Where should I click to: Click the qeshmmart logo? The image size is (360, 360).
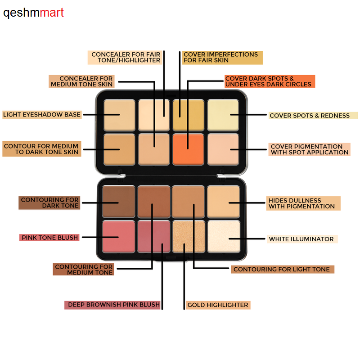coord(34,13)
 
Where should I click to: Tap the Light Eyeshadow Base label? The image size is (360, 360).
coord(42,115)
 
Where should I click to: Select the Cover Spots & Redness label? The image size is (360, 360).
coord(310,116)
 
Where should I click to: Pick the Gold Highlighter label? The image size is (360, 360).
coord(217,305)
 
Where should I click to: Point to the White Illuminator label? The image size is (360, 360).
coord(301,239)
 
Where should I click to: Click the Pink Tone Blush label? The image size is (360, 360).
coord(49,238)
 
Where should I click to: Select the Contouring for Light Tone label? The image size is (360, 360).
coord(282,270)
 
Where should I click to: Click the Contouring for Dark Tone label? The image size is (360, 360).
coord(49,203)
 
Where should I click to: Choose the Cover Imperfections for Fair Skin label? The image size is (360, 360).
coord(221,58)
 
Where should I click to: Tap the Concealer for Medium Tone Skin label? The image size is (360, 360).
coord(81,81)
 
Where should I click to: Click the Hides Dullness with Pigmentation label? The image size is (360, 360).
coord(301,203)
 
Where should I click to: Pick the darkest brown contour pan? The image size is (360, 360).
coord(119,201)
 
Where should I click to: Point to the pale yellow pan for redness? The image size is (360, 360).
coord(223,115)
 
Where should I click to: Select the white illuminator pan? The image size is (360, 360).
coord(223,237)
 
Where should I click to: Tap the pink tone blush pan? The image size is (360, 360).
coord(119,237)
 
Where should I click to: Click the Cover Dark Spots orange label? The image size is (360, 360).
coord(268,81)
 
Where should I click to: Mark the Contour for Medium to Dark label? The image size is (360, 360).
coord(41,149)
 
